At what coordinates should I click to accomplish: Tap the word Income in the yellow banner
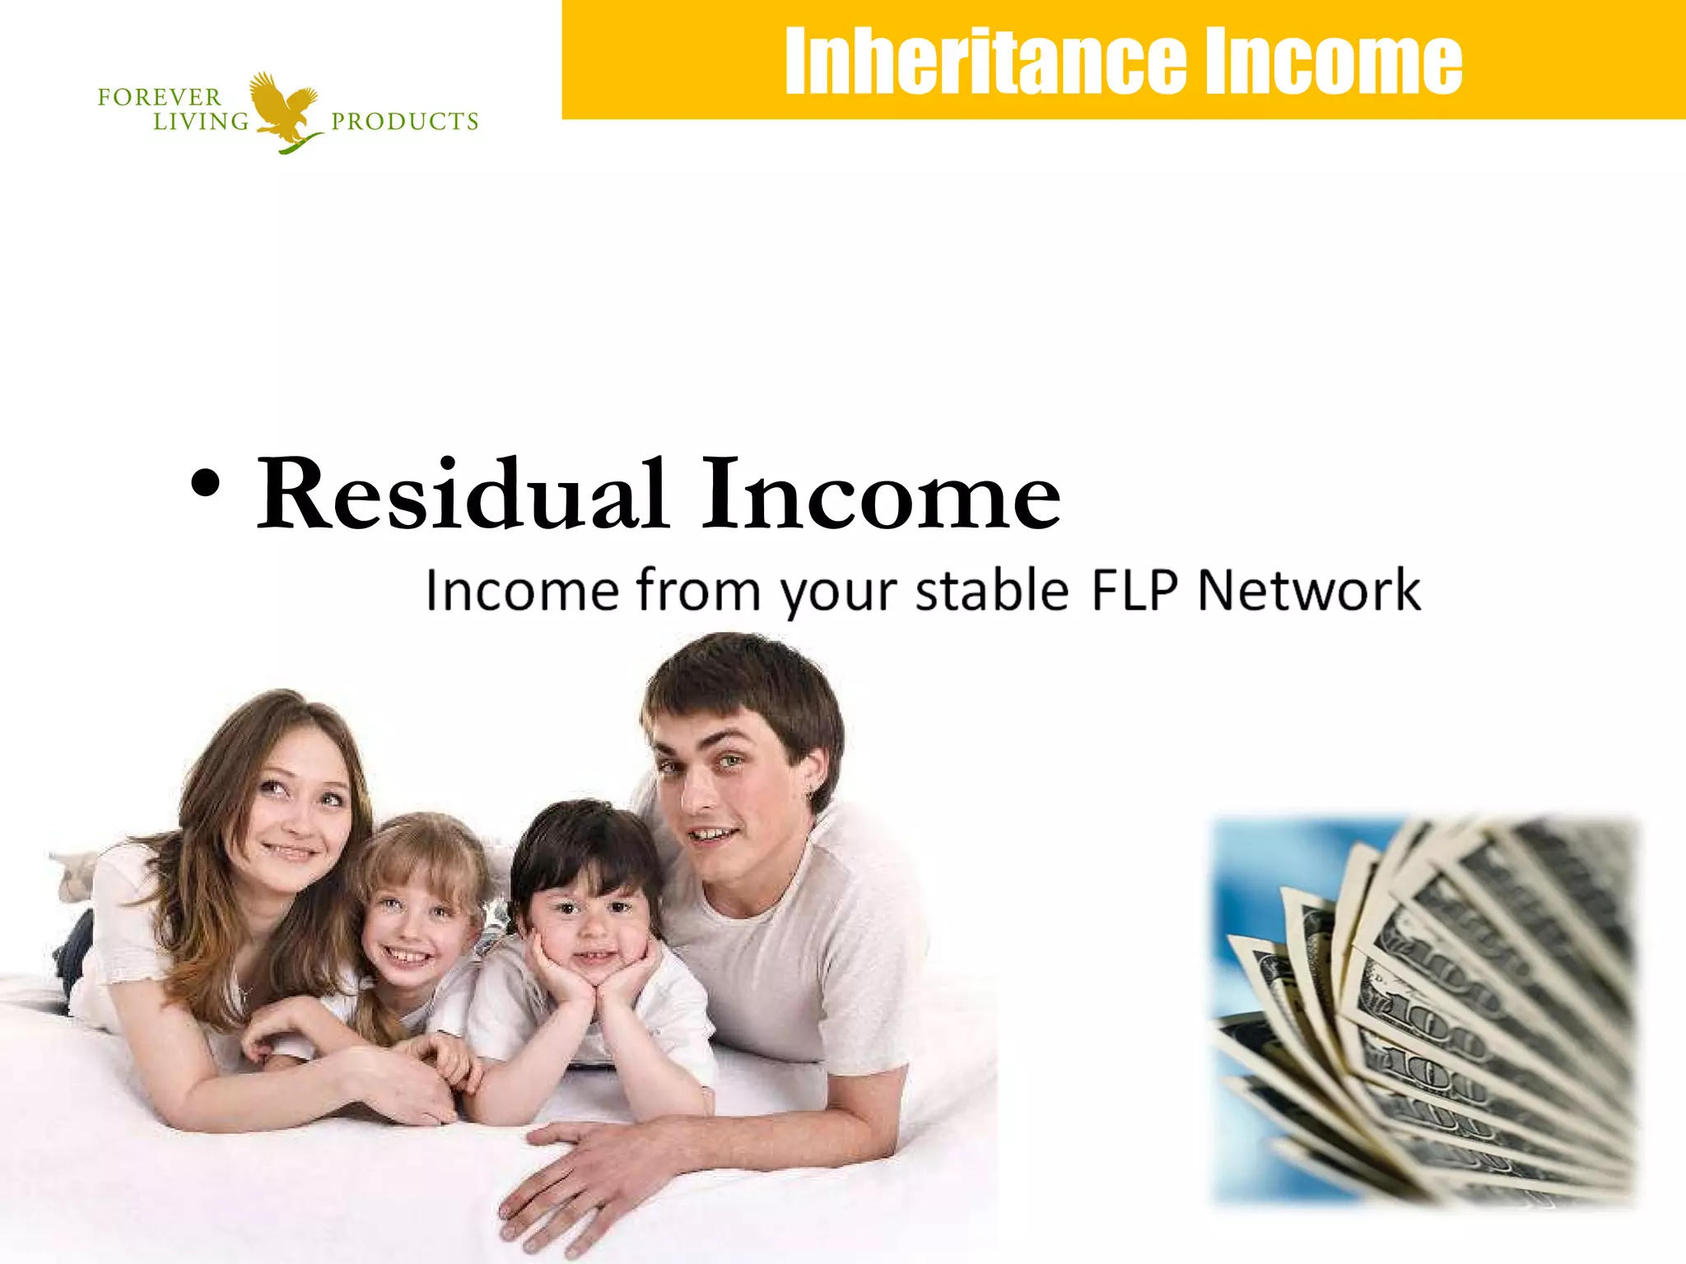pos(1333,62)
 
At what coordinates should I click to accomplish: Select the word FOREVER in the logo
pos(160,97)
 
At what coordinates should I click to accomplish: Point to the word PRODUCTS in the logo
pos(404,122)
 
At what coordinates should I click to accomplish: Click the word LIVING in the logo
pos(202,122)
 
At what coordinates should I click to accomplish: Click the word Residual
pos(461,494)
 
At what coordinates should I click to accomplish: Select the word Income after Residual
pos(881,494)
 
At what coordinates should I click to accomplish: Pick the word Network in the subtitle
pos(1309,590)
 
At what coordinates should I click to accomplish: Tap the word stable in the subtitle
pos(992,590)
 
